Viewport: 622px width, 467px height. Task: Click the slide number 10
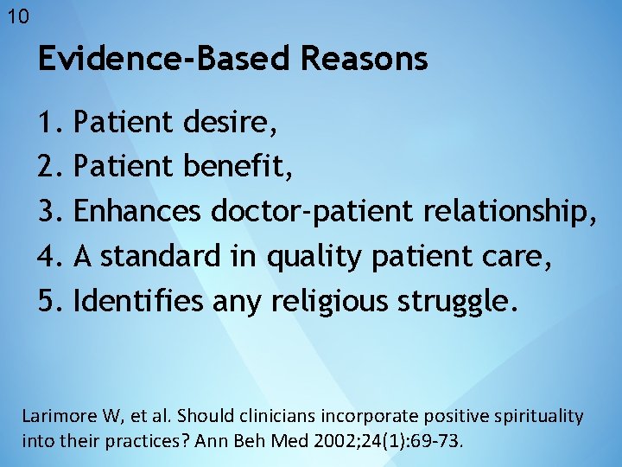click(x=17, y=16)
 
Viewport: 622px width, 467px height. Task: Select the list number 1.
click(x=48, y=123)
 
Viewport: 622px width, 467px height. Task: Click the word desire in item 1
click(x=228, y=123)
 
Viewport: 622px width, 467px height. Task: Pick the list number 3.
click(x=48, y=210)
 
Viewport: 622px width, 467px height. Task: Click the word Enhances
click(x=138, y=210)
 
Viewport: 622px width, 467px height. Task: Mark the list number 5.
click(x=48, y=300)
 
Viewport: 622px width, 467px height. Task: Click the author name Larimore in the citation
click(x=56, y=416)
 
